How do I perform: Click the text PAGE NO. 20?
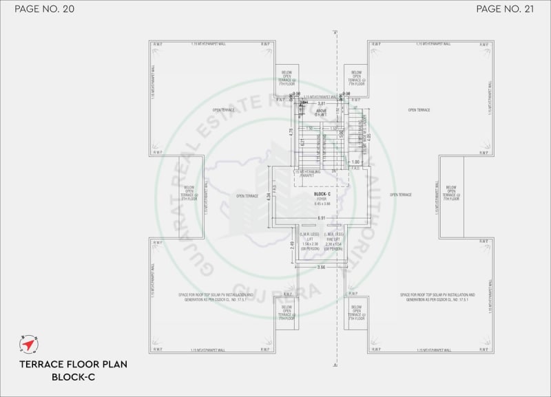click(x=44, y=9)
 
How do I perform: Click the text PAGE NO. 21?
click(x=506, y=9)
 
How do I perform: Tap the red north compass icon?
click(x=29, y=344)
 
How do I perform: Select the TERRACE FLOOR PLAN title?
click(x=73, y=364)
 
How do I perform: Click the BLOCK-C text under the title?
click(x=73, y=377)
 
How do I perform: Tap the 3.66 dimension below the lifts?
click(x=320, y=267)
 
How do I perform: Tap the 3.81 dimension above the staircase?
click(x=320, y=103)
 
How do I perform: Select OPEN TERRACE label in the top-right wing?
click(x=419, y=110)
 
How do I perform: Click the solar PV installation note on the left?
click(x=216, y=297)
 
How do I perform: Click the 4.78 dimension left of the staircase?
click(x=291, y=131)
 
